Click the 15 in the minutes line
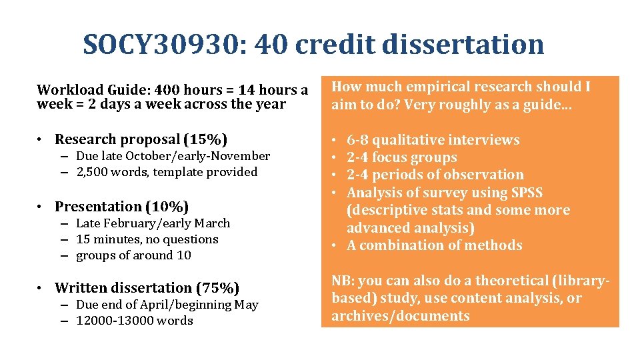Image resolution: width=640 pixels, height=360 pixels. click(83, 239)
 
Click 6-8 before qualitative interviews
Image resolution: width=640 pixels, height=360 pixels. click(357, 140)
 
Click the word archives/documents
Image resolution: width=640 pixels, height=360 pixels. click(400, 316)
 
